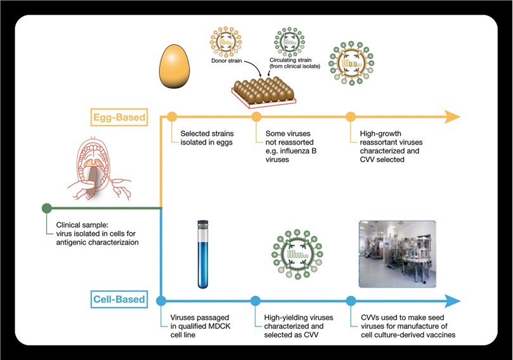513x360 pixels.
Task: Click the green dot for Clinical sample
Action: tap(46, 208)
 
